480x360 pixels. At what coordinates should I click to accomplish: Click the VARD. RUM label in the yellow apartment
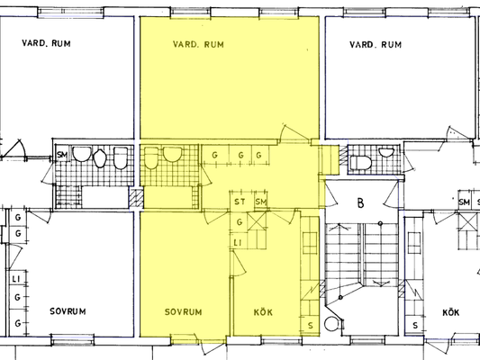point(198,45)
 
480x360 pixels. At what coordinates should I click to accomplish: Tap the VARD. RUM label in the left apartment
point(46,43)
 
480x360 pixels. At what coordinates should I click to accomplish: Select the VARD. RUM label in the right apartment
point(376,45)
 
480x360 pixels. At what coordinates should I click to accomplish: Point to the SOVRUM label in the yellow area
point(184,312)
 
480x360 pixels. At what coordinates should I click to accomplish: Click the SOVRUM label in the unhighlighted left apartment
point(68,311)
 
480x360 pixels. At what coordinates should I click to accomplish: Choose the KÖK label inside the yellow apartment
point(263,312)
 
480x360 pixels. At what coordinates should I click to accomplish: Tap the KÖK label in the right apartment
point(451,312)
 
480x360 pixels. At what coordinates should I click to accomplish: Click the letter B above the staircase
point(361,203)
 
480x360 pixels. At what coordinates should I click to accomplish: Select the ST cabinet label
point(240,202)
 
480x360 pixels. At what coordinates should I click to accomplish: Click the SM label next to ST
point(261,202)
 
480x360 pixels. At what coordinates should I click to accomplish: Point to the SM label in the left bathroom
point(62,155)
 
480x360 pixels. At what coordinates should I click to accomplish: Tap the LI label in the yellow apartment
point(238,243)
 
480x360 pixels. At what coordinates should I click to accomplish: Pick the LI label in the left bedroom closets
point(16,279)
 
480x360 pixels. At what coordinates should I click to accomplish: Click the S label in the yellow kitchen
point(311,326)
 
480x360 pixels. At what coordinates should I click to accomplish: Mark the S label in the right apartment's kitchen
point(415,326)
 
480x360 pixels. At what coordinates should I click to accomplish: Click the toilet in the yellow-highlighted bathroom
point(150,157)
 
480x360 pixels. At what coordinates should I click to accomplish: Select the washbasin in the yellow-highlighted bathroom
point(173,154)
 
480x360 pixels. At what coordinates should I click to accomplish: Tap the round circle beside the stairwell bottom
point(331,324)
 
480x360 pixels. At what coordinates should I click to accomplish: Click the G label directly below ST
point(240,222)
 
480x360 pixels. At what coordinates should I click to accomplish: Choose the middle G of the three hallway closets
point(241,156)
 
